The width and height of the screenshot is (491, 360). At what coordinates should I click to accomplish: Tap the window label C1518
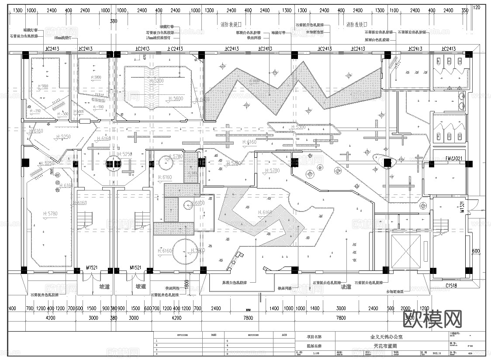click(x=451, y=286)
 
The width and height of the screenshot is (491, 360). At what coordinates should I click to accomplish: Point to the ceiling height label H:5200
click(x=156, y=81)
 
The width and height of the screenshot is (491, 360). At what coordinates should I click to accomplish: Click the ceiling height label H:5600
click(x=175, y=99)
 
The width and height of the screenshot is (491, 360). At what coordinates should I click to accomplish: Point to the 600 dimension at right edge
click(x=476, y=251)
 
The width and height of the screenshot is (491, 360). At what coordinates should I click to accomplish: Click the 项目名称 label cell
click(x=314, y=337)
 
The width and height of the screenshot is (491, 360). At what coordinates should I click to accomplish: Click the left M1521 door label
click(x=92, y=268)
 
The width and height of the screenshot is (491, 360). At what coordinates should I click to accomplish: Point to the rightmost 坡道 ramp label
click(x=346, y=287)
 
